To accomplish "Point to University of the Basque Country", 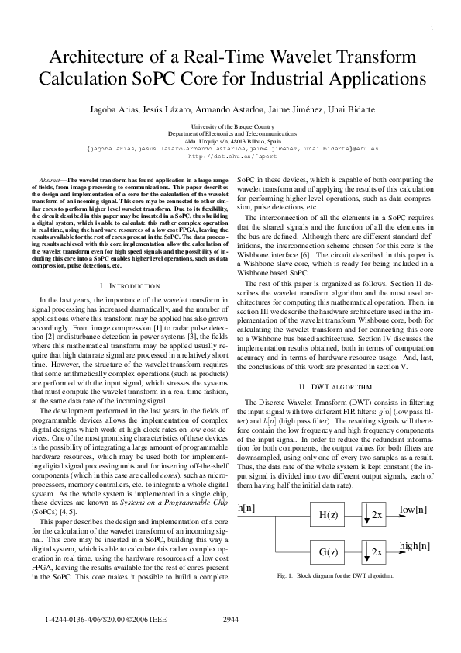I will point(231,126).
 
